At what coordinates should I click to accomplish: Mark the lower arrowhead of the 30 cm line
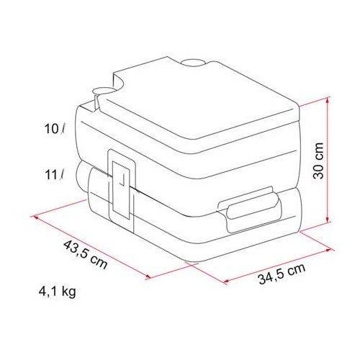[329, 218]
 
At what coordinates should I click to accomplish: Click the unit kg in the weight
[68, 292]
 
